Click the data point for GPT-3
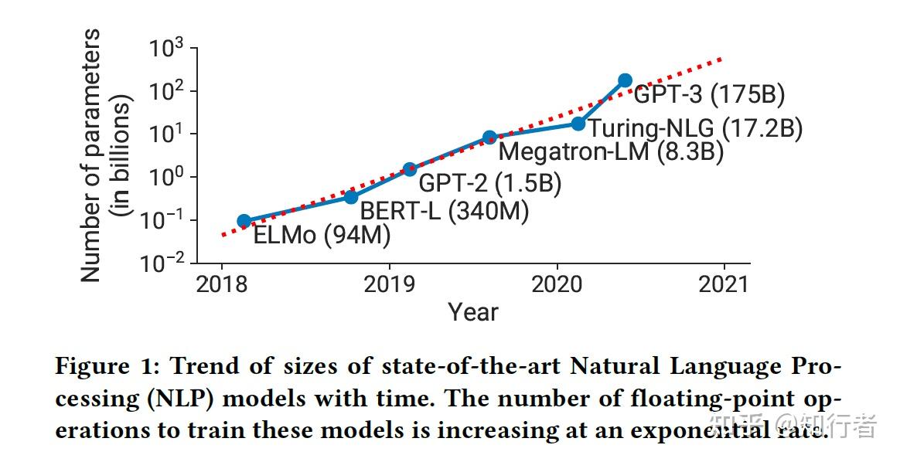[x=625, y=80]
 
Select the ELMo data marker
[x=244, y=221]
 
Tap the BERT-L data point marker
[x=351, y=196]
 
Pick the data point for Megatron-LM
[x=489, y=138]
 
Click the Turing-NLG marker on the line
[x=578, y=124]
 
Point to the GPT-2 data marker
[x=410, y=169]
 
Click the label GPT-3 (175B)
[x=709, y=95]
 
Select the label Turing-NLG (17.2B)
[x=694, y=127]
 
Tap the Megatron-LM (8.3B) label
[x=611, y=151]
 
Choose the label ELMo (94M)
[x=322, y=234]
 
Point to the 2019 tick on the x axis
[x=389, y=284]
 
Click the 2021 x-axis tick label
[x=724, y=284]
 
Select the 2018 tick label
[x=222, y=284]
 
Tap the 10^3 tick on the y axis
[x=166, y=49]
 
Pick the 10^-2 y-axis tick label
[x=163, y=263]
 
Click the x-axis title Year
[x=473, y=312]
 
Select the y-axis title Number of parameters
[x=91, y=155]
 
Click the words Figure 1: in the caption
[x=106, y=366]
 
